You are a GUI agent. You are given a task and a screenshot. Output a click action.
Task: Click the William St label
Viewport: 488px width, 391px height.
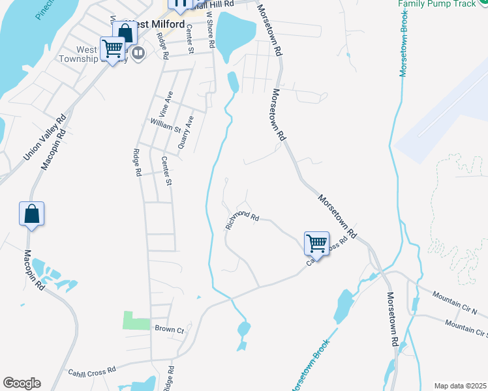pyautogui.click(x=164, y=125)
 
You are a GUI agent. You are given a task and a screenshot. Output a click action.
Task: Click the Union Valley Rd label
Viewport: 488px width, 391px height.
pyautogui.click(x=44, y=138)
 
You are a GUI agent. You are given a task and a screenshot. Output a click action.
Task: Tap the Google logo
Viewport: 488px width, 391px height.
pyautogui.click(x=22, y=383)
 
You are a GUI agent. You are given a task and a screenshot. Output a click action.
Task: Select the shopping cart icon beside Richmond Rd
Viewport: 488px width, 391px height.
pyautogui.click(x=316, y=243)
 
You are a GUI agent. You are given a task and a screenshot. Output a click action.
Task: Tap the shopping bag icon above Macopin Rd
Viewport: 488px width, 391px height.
pyautogui.click(x=31, y=214)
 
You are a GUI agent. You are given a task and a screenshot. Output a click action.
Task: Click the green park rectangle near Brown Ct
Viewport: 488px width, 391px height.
pyautogui.click(x=136, y=320)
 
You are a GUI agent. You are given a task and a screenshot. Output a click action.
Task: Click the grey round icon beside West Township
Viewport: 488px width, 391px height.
pyautogui.click(x=138, y=53)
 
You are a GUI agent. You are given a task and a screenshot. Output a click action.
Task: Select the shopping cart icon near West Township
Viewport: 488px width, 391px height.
pyautogui.click(x=113, y=48)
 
